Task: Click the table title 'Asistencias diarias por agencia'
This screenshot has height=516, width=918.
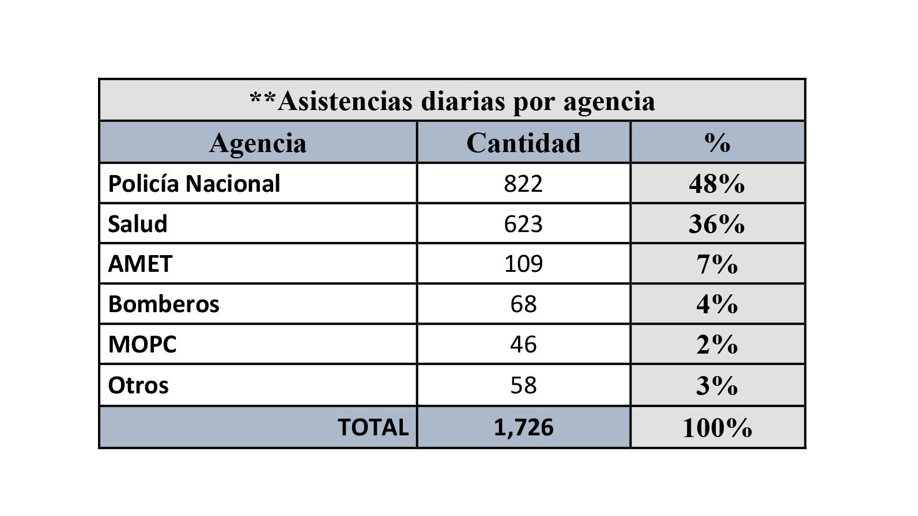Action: [x=452, y=101]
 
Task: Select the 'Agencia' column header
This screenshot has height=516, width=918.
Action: [x=258, y=143]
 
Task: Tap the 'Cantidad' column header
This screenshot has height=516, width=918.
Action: [x=523, y=143]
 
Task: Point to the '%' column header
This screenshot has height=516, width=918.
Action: [x=717, y=143]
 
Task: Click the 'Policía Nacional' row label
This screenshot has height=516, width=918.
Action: [x=194, y=184]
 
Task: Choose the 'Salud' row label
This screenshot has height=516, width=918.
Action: [x=138, y=224]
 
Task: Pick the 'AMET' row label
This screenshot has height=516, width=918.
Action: [x=140, y=264]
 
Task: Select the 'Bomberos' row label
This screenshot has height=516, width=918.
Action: [x=164, y=304]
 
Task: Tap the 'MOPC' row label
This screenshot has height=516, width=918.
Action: [x=142, y=344]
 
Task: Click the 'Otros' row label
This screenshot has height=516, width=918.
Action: [x=138, y=385]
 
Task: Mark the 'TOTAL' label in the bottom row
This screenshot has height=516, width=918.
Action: [x=373, y=427]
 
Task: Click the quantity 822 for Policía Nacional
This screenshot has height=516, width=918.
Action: [x=523, y=184]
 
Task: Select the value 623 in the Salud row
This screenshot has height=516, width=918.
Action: [x=523, y=224]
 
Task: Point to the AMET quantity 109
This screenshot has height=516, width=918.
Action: [x=523, y=264]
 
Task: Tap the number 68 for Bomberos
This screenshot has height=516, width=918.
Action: [x=523, y=304]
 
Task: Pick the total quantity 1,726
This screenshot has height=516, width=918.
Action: [x=523, y=427]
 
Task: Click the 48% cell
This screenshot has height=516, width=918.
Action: [x=717, y=184]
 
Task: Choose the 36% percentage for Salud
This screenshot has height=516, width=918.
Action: [x=717, y=224]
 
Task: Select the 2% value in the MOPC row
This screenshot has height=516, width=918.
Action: [x=717, y=344]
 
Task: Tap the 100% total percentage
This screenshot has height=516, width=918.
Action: [x=717, y=428]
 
